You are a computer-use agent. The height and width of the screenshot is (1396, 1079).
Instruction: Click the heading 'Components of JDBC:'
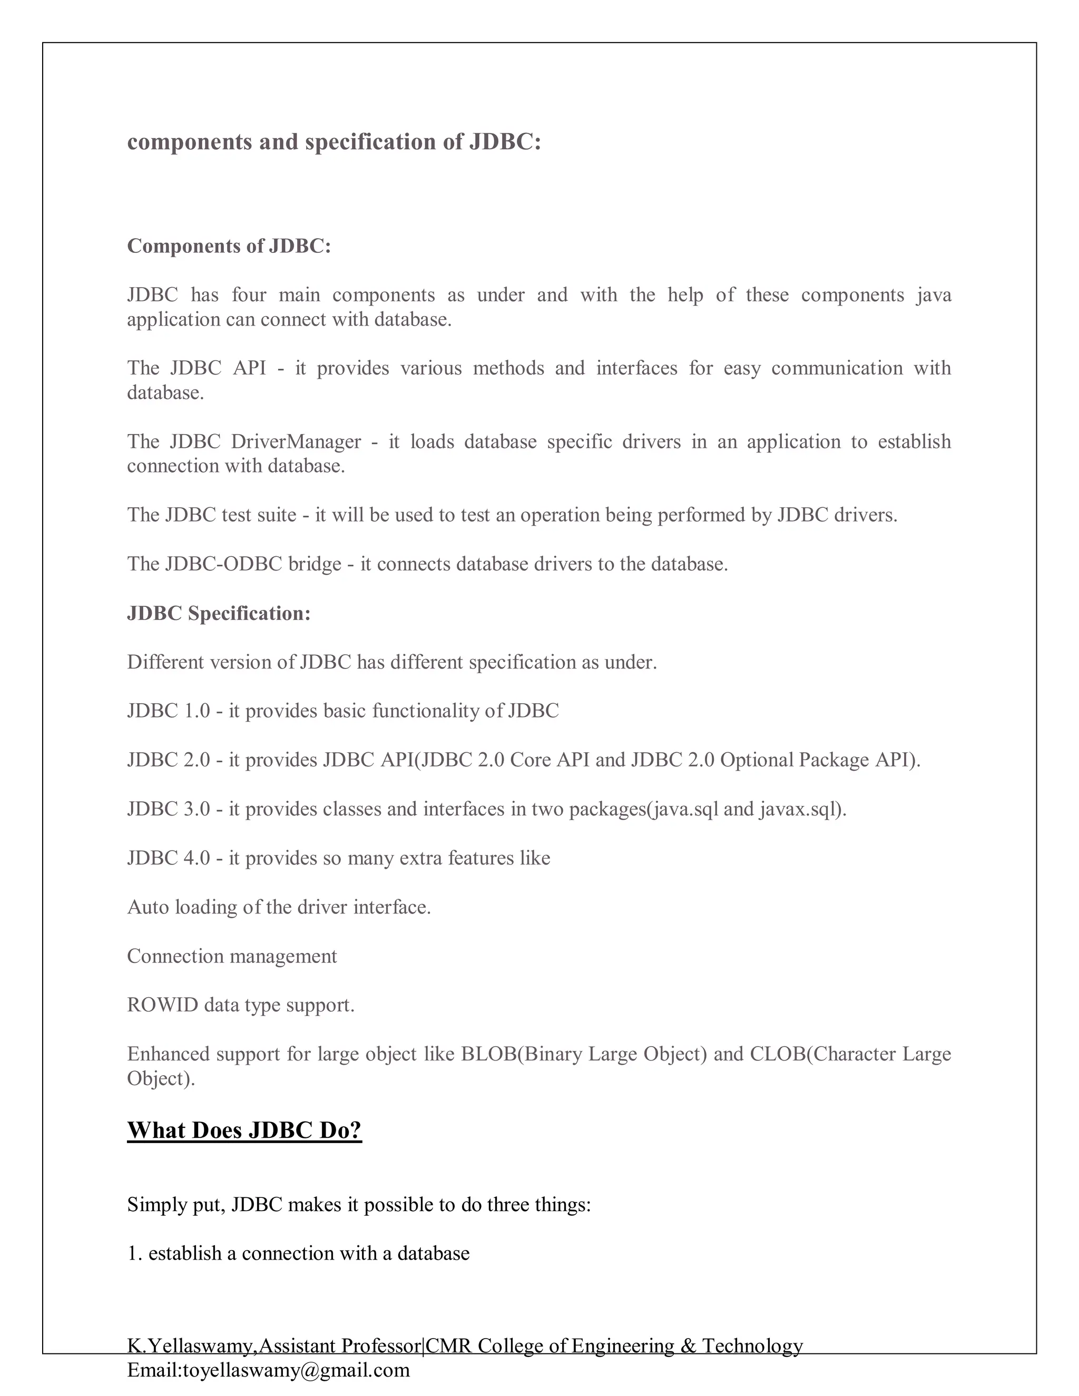point(229,246)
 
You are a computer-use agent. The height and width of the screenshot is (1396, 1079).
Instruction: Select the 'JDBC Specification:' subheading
point(219,614)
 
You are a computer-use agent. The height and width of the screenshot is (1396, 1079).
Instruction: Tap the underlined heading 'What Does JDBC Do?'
point(244,1130)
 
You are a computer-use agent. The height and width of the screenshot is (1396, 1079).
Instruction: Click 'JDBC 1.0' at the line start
point(168,711)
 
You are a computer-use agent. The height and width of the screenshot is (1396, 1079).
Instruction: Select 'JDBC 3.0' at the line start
point(168,809)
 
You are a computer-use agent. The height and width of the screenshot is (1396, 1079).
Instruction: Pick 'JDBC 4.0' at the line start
point(168,858)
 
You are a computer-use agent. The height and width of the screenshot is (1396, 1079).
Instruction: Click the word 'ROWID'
point(162,1005)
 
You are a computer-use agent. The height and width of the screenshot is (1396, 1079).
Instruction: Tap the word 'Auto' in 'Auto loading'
point(148,907)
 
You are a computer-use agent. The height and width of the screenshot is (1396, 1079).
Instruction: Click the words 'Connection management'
point(231,956)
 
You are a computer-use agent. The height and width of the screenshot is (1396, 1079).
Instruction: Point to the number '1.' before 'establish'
point(134,1253)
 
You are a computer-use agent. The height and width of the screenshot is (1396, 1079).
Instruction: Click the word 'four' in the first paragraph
point(249,296)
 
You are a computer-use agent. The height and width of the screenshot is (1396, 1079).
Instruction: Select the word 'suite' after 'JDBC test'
point(275,515)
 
